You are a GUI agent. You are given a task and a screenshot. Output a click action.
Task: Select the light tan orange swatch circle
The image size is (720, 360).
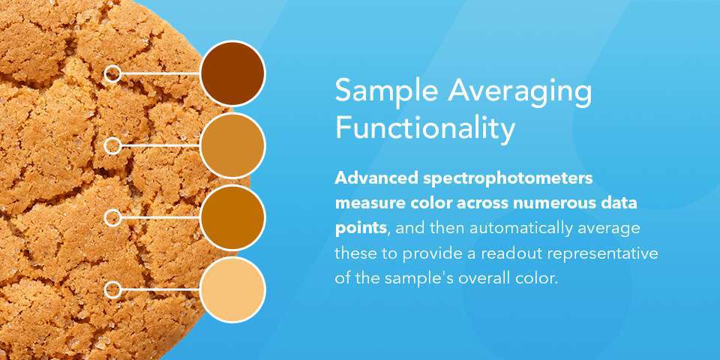pos(232,145)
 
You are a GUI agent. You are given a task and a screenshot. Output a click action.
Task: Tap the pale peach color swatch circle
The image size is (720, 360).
pos(232,289)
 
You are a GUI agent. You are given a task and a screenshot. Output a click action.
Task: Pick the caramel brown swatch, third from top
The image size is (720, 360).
pos(232,217)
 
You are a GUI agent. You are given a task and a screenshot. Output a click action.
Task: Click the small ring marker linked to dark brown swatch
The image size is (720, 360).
pos(112,73)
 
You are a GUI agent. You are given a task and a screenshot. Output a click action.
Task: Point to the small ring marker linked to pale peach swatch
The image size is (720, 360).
pos(112,289)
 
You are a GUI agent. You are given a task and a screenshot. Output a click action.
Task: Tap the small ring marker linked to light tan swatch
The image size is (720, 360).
pos(112,145)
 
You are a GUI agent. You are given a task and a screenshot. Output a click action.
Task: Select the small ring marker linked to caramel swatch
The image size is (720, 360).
pos(112,217)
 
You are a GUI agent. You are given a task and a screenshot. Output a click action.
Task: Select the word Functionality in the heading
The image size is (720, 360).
pos(425,128)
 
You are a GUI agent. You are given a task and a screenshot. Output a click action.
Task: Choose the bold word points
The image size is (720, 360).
pos(360,228)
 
